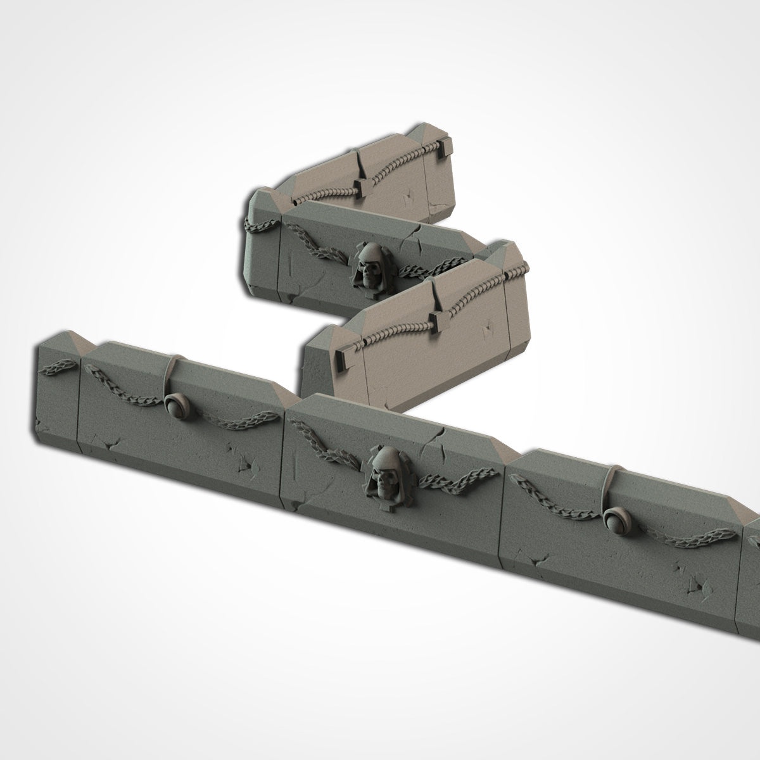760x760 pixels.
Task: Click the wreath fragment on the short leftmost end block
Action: (x=58, y=365)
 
